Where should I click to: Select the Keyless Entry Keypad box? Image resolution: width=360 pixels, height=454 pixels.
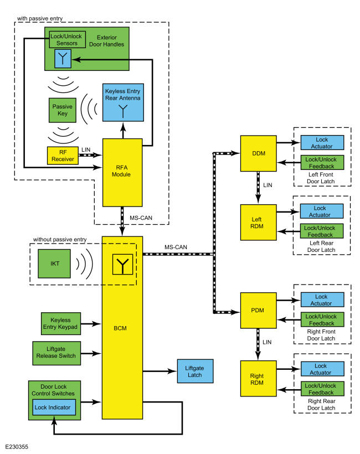pos(60,323)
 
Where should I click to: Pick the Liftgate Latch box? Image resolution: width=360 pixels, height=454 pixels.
pos(194,370)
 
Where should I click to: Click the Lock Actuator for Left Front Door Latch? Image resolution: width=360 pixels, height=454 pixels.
pos(322,142)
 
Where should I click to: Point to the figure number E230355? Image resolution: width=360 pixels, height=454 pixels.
pos(18,445)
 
